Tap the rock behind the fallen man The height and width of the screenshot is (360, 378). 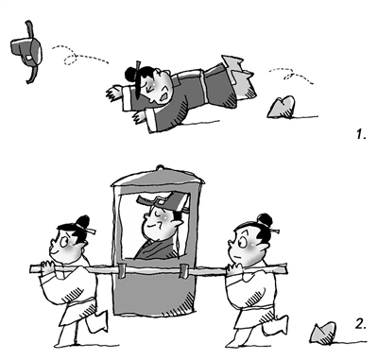tap(282, 108)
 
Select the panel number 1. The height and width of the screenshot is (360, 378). tap(361, 135)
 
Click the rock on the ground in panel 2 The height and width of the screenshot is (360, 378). tap(323, 333)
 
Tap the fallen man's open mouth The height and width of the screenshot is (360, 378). tap(164, 96)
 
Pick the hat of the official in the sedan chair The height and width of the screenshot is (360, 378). tap(163, 201)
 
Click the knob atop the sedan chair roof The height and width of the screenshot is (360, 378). tap(160, 167)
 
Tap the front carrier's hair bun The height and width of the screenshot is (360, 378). tap(83, 222)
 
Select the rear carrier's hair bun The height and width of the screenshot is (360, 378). tap(265, 220)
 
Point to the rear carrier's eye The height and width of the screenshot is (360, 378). tap(242, 243)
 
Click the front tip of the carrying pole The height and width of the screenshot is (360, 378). tap(31, 269)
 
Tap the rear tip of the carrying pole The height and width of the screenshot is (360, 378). tap(285, 268)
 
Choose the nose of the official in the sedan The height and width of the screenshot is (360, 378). tap(146, 216)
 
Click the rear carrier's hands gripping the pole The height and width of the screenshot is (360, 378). tap(234, 269)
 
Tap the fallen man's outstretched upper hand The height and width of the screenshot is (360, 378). tap(114, 92)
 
